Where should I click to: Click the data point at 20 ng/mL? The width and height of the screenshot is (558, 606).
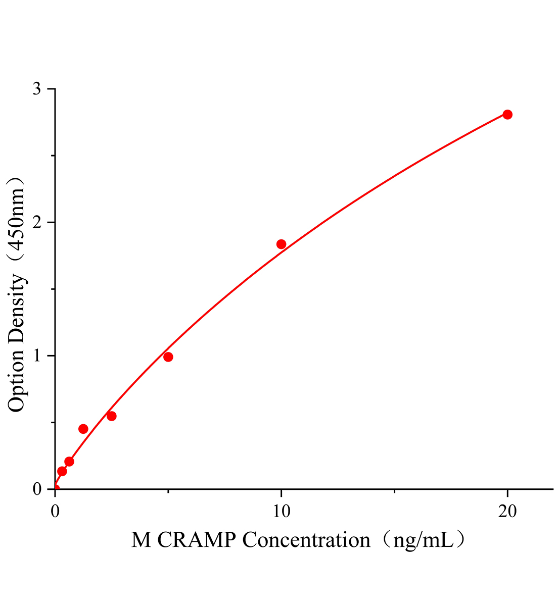[x=507, y=115]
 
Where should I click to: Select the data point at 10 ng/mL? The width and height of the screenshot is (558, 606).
[x=282, y=244]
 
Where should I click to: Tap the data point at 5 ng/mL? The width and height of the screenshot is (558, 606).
[x=168, y=357]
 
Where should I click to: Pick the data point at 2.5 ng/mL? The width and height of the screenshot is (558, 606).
[x=112, y=416]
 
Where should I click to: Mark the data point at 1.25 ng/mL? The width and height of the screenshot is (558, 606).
[x=83, y=429]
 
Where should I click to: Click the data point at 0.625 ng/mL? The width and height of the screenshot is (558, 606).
[x=69, y=462]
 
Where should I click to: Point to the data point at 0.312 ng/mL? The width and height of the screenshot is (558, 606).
[x=62, y=471]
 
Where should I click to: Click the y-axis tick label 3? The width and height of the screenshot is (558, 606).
[x=37, y=89]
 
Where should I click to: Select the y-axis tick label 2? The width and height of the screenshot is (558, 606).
[x=37, y=223]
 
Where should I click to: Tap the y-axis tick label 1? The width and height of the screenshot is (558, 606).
[x=37, y=356]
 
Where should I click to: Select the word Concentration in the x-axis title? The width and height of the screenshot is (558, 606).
[x=306, y=541]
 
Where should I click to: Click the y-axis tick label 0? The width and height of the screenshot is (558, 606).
[x=37, y=489]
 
